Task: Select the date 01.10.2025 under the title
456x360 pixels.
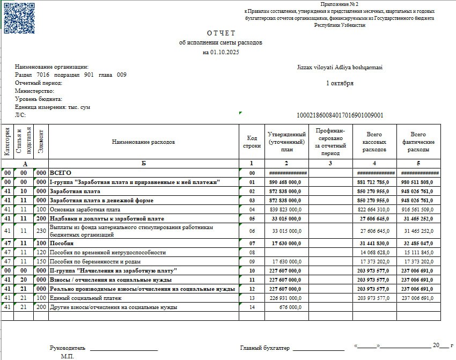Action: [221, 52]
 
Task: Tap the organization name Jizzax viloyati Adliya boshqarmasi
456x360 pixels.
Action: [339, 67]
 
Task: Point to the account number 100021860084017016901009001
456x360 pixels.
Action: [340, 115]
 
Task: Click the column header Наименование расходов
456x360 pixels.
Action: [143, 142]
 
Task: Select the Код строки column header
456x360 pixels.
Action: [252, 142]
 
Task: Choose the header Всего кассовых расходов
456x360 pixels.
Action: [374, 142]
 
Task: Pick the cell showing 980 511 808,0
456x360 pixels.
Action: [417, 182]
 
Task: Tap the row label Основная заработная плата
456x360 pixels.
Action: [85, 209]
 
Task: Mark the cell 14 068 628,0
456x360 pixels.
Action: [374, 252]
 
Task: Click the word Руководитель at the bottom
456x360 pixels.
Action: [68, 348]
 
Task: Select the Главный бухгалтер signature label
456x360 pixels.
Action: [264, 348]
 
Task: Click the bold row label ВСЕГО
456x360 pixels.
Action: [61, 173]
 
